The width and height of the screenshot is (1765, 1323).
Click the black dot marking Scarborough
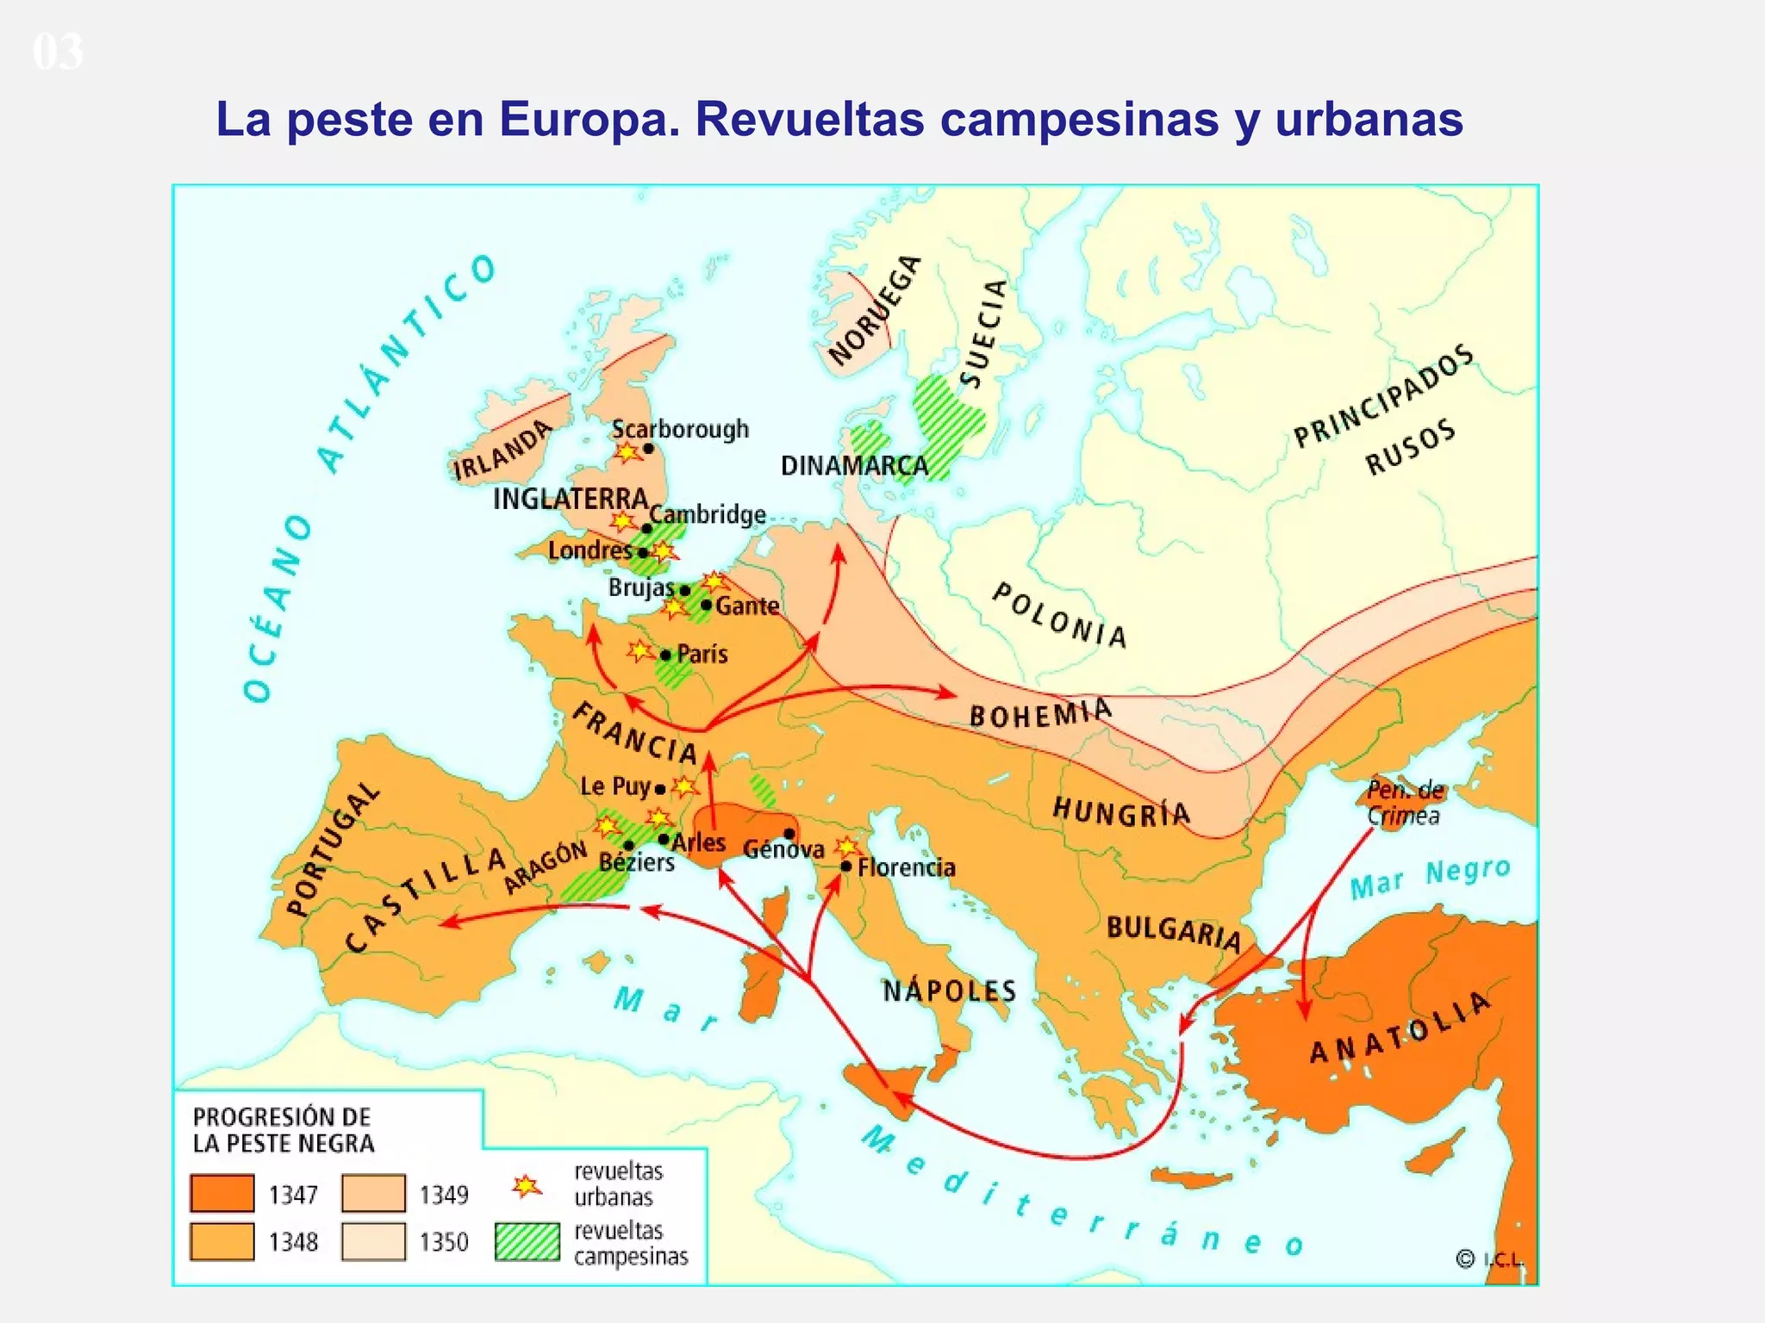pos(648,448)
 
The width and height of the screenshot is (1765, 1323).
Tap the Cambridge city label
pos(708,514)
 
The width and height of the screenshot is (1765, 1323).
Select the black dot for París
pos(665,655)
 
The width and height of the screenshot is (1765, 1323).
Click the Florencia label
pos(906,867)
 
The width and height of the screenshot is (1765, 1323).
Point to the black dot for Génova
pos(789,833)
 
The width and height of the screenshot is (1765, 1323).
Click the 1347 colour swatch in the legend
pos(222,1194)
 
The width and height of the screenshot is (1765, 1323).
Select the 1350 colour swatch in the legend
pos(373,1241)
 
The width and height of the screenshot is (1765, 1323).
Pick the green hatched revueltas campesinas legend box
pos(527,1242)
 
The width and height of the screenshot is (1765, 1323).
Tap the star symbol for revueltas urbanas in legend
pos(527,1187)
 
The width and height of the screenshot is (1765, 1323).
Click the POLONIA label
pos(1059,615)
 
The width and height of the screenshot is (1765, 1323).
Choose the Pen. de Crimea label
pos(1404,802)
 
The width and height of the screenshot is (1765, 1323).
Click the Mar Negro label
pos(1430,877)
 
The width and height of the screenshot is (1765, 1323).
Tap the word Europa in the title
pos(589,119)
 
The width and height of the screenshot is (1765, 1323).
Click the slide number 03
pos(58,52)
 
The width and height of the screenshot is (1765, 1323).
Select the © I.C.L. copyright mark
pos(1489,1259)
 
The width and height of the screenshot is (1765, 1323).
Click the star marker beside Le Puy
pos(685,786)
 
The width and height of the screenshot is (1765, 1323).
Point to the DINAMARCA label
pos(854,466)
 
